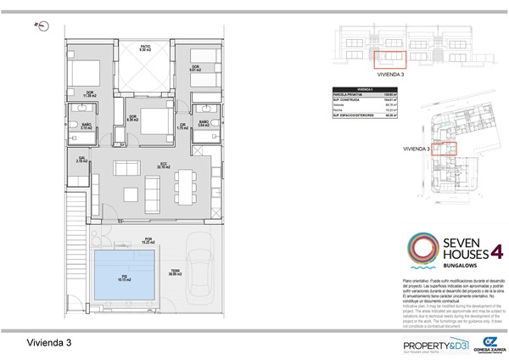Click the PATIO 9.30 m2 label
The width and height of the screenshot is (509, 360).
[x=145, y=48]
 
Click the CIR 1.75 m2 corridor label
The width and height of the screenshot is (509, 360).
[x=182, y=127]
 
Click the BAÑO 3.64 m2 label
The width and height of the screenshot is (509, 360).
[x=204, y=124]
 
